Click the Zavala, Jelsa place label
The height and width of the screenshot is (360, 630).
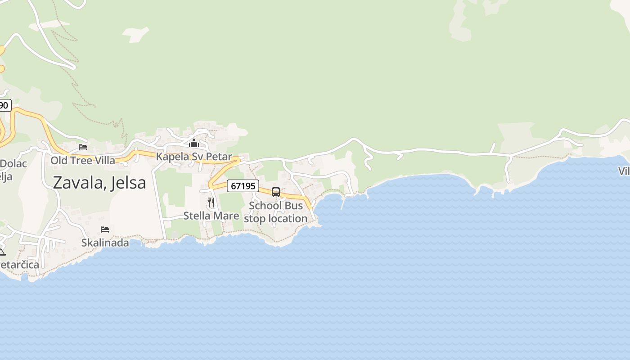pyautogui.click(x=99, y=183)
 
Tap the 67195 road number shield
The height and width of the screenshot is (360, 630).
pyautogui.click(x=243, y=185)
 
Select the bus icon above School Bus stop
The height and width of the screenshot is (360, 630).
pyautogui.click(x=276, y=192)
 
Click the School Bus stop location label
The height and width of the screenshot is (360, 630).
pyautogui.click(x=276, y=212)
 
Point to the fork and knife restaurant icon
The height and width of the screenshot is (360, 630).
pyautogui.click(x=211, y=202)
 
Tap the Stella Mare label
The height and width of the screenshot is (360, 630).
pyautogui.click(x=211, y=216)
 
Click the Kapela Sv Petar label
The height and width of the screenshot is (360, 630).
pyautogui.click(x=194, y=157)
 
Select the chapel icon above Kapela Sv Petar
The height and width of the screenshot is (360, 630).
pyautogui.click(x=194, y=144)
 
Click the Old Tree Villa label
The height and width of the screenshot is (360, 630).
pyautogui.click(x=83, y=161)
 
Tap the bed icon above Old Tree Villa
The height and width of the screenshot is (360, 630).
pyautogui.click(x=83, y=147)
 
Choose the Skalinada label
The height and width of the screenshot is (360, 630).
pyautogui.click(x=105, y=243)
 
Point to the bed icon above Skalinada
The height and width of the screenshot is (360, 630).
pyautogui.click(x=105, y=229)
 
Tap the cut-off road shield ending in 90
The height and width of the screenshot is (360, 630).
pyautogui.click(x=4, y=106)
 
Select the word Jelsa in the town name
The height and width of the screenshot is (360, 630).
pyautogui.click(x=128, y=183)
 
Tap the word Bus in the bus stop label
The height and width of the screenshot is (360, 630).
pyautogui.click(x=294, y=206)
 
